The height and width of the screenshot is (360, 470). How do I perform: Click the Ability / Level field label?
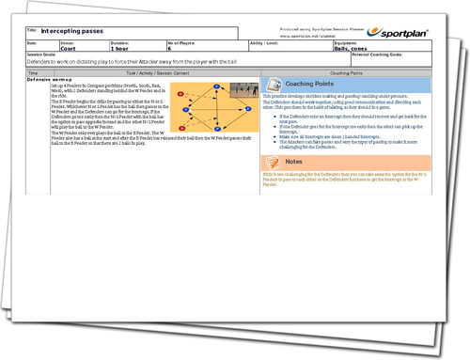tap(269, 42)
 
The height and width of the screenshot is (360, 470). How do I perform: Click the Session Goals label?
tap(43, 55)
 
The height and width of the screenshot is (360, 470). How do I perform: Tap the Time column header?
tap(33, 72)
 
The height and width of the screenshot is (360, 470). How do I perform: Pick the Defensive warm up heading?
tap(53, 79)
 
